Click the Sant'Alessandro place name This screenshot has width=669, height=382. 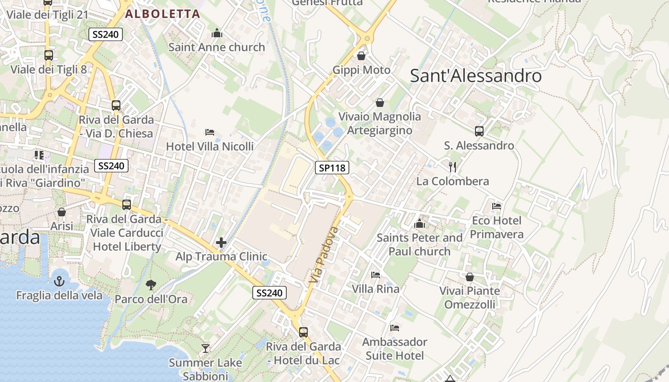pyautogui.click(x=476, y=76)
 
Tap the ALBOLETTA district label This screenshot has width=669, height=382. pyautogui.click(x=162, y=14)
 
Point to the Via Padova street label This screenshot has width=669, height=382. pyautogui.click(x=324, y=255)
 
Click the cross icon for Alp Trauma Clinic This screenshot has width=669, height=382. pyautogui.click(x=221, y=243)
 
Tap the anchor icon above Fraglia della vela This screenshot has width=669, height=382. pyautogui.click(x=59, y=281)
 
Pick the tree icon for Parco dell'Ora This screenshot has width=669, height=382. pyautogui.click(x=151, y=285)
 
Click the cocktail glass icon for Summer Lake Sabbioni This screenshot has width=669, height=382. pyautogui.click(x=205, y=349)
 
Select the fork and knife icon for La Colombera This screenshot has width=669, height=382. pyautogui.click(x=453, y=167)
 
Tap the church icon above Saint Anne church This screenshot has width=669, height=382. pyautogui.click(x=217, y=33)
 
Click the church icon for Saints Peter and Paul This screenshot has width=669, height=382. pyautogui.click(x=420, y=223)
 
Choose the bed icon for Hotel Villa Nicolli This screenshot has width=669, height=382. pyautogui.click(x=209, y=132)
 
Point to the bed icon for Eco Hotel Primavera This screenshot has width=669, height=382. pyautogui.click(x=496, y=206)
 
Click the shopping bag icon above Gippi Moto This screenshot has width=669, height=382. pyautogui.click(x=361, y=56)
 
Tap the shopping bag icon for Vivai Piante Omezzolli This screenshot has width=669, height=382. pyautogui.click(x=470, y=277)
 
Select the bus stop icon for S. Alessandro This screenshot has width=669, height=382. pyautogui.click(x=479, y=131)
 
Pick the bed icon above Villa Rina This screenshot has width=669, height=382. pyautogui.click(x=376, y=275)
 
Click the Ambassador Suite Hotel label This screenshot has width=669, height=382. pyautogui.click(x=395, y=349)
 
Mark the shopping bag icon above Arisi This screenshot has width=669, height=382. pyautogui.click(x=62, y=212)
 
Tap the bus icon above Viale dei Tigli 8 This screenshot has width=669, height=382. pyautogui.click(x=49, y=55)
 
